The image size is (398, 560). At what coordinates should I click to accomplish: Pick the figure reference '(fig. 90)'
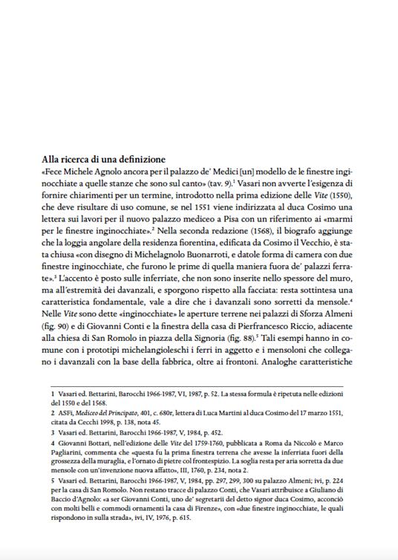click(55, 348)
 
